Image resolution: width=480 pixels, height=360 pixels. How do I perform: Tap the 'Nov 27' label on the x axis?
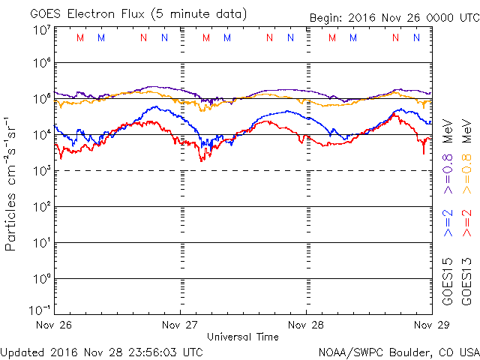click(x=180, y=325)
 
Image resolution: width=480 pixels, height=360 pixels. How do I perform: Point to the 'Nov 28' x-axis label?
click(x=306, y=325)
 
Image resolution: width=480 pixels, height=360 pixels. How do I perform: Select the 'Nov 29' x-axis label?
click(x=430, y=325)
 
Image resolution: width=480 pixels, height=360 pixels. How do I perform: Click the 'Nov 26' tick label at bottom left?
click(x=54, y=325)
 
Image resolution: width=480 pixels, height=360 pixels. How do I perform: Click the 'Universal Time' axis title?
click(x=242, y=337)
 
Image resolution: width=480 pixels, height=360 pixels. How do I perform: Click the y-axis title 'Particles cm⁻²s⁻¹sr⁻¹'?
click(x=11, y=183)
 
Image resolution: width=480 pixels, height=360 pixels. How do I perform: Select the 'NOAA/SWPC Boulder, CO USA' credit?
click(x=398, y=351)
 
